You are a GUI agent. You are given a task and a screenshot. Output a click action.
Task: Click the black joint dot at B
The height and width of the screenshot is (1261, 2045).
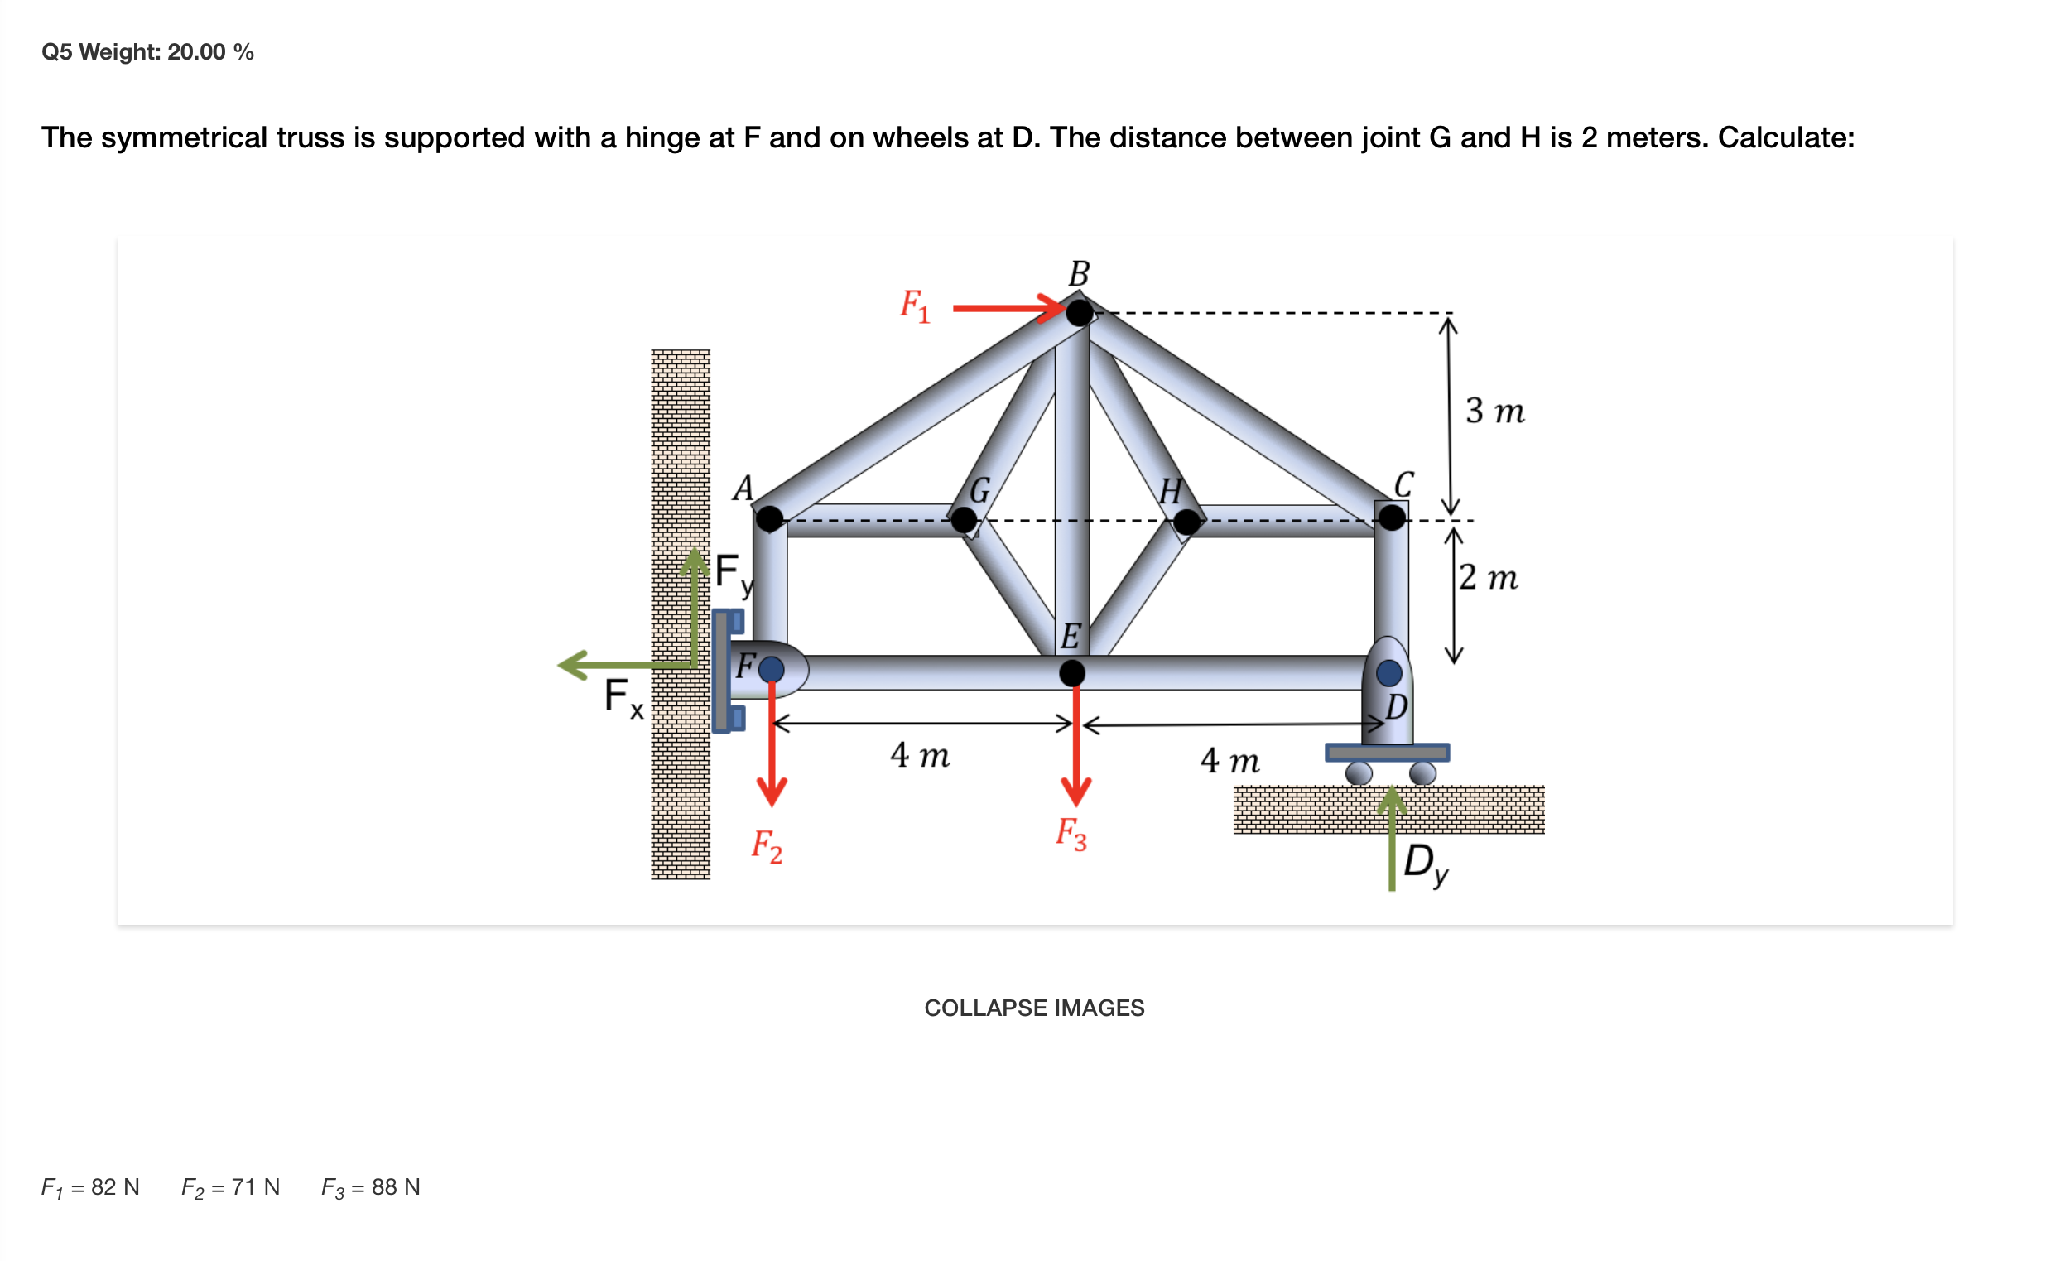click(1079, 313)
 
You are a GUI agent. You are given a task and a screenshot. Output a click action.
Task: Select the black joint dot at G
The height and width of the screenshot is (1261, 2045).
click(963, 521)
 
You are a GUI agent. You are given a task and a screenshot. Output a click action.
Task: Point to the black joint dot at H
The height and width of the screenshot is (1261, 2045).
click(1186, 522)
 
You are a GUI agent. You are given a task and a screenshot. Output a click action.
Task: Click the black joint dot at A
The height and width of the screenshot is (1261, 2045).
click(769, 519)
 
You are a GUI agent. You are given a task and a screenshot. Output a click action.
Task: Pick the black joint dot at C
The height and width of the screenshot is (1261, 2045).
click(1391, 518)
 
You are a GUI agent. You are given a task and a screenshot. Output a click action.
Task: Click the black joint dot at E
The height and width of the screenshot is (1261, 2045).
click(1071, 672)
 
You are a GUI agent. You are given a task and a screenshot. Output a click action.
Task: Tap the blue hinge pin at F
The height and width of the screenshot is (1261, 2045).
click(772, 669)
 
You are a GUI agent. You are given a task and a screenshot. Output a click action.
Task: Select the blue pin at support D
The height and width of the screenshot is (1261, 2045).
click(1388, 672)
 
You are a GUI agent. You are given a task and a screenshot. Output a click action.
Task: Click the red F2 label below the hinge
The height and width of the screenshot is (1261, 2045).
click(767, 846)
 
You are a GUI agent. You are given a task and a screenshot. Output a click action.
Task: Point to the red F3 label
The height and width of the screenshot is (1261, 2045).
click(1071, 834)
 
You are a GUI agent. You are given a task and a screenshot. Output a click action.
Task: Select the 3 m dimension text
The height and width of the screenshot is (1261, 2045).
click(1494, 412)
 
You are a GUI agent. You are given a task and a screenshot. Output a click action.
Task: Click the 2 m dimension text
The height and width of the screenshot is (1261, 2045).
click(1488, 577)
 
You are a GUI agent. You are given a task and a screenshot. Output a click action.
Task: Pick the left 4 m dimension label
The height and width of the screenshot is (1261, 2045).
click(919, 755)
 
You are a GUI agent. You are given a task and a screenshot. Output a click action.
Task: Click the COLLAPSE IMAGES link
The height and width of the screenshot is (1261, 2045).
click(1033, 1008)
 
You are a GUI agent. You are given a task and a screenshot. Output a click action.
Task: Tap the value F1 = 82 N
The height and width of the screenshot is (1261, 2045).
click(90, 1187)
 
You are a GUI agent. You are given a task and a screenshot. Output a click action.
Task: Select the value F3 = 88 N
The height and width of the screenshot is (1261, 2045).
click(370, 1187)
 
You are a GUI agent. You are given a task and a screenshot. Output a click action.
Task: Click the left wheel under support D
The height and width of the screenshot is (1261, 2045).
click(1359, 773)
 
